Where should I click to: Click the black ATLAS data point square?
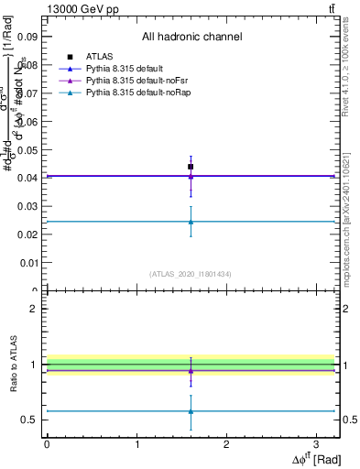(x=191, y=167)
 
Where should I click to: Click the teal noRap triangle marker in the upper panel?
(x=191, y=221)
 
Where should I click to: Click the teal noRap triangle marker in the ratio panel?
(x=191, y=411)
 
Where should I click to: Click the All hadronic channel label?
(x=191, y=38)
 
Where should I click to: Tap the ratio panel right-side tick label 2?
(x=346, y=309)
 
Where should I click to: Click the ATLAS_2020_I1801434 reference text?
(x=191, y=274)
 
